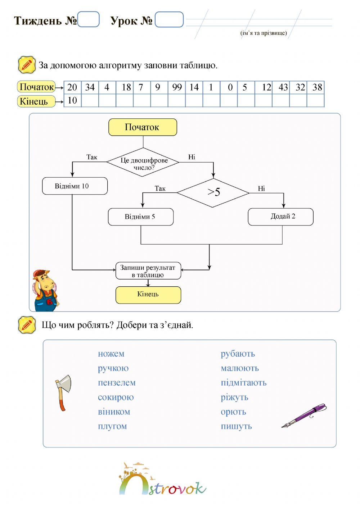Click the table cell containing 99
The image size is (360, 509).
click(177, 87)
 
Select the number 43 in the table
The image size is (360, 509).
click(283, 87)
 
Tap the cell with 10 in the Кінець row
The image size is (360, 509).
click(72, 100)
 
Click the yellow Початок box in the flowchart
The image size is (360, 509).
click(143, 127)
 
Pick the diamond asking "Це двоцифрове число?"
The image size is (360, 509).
click(143, 162)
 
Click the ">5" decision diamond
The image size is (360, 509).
click(213, 193)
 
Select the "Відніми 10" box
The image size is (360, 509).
click(75, 186)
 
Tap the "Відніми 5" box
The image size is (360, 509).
click(140, 217)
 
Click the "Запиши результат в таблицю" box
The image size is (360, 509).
click(148, 271)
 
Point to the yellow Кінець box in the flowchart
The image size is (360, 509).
click(148, 295)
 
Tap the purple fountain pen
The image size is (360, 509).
click(304, 415)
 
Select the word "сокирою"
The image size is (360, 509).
click(116, 397)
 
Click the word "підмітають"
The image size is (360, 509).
click(243, 383)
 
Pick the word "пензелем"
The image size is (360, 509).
click(117, 383)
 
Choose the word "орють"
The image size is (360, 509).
click(233, 412)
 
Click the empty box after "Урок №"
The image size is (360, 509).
click(169, 20)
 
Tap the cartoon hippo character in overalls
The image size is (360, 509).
click(45, 290)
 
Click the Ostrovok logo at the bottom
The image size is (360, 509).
click(162, 480)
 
